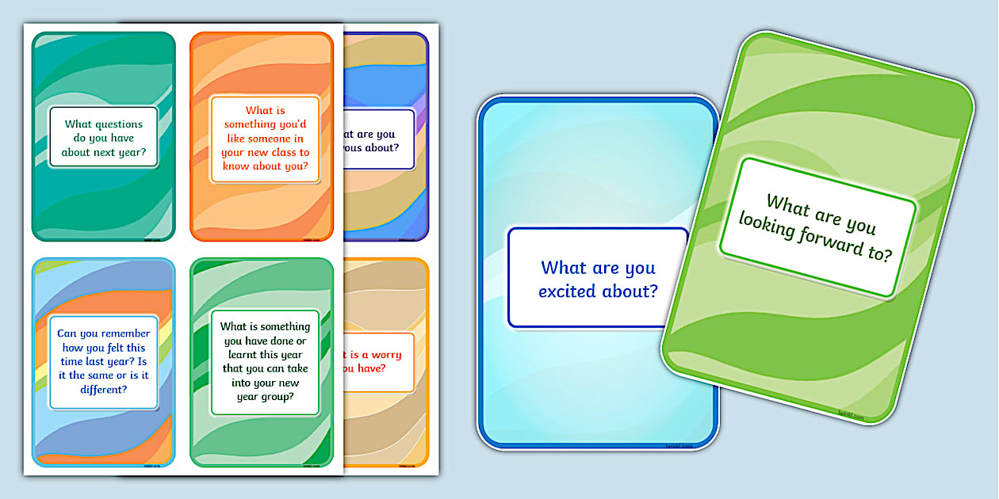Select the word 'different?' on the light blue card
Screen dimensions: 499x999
[104, 390]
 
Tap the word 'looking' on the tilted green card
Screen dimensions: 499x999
[767, 224]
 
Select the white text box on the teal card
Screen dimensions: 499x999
[104, 137]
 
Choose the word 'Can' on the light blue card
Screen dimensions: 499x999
[67, 333]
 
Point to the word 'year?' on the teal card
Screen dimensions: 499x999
[140, 152]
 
